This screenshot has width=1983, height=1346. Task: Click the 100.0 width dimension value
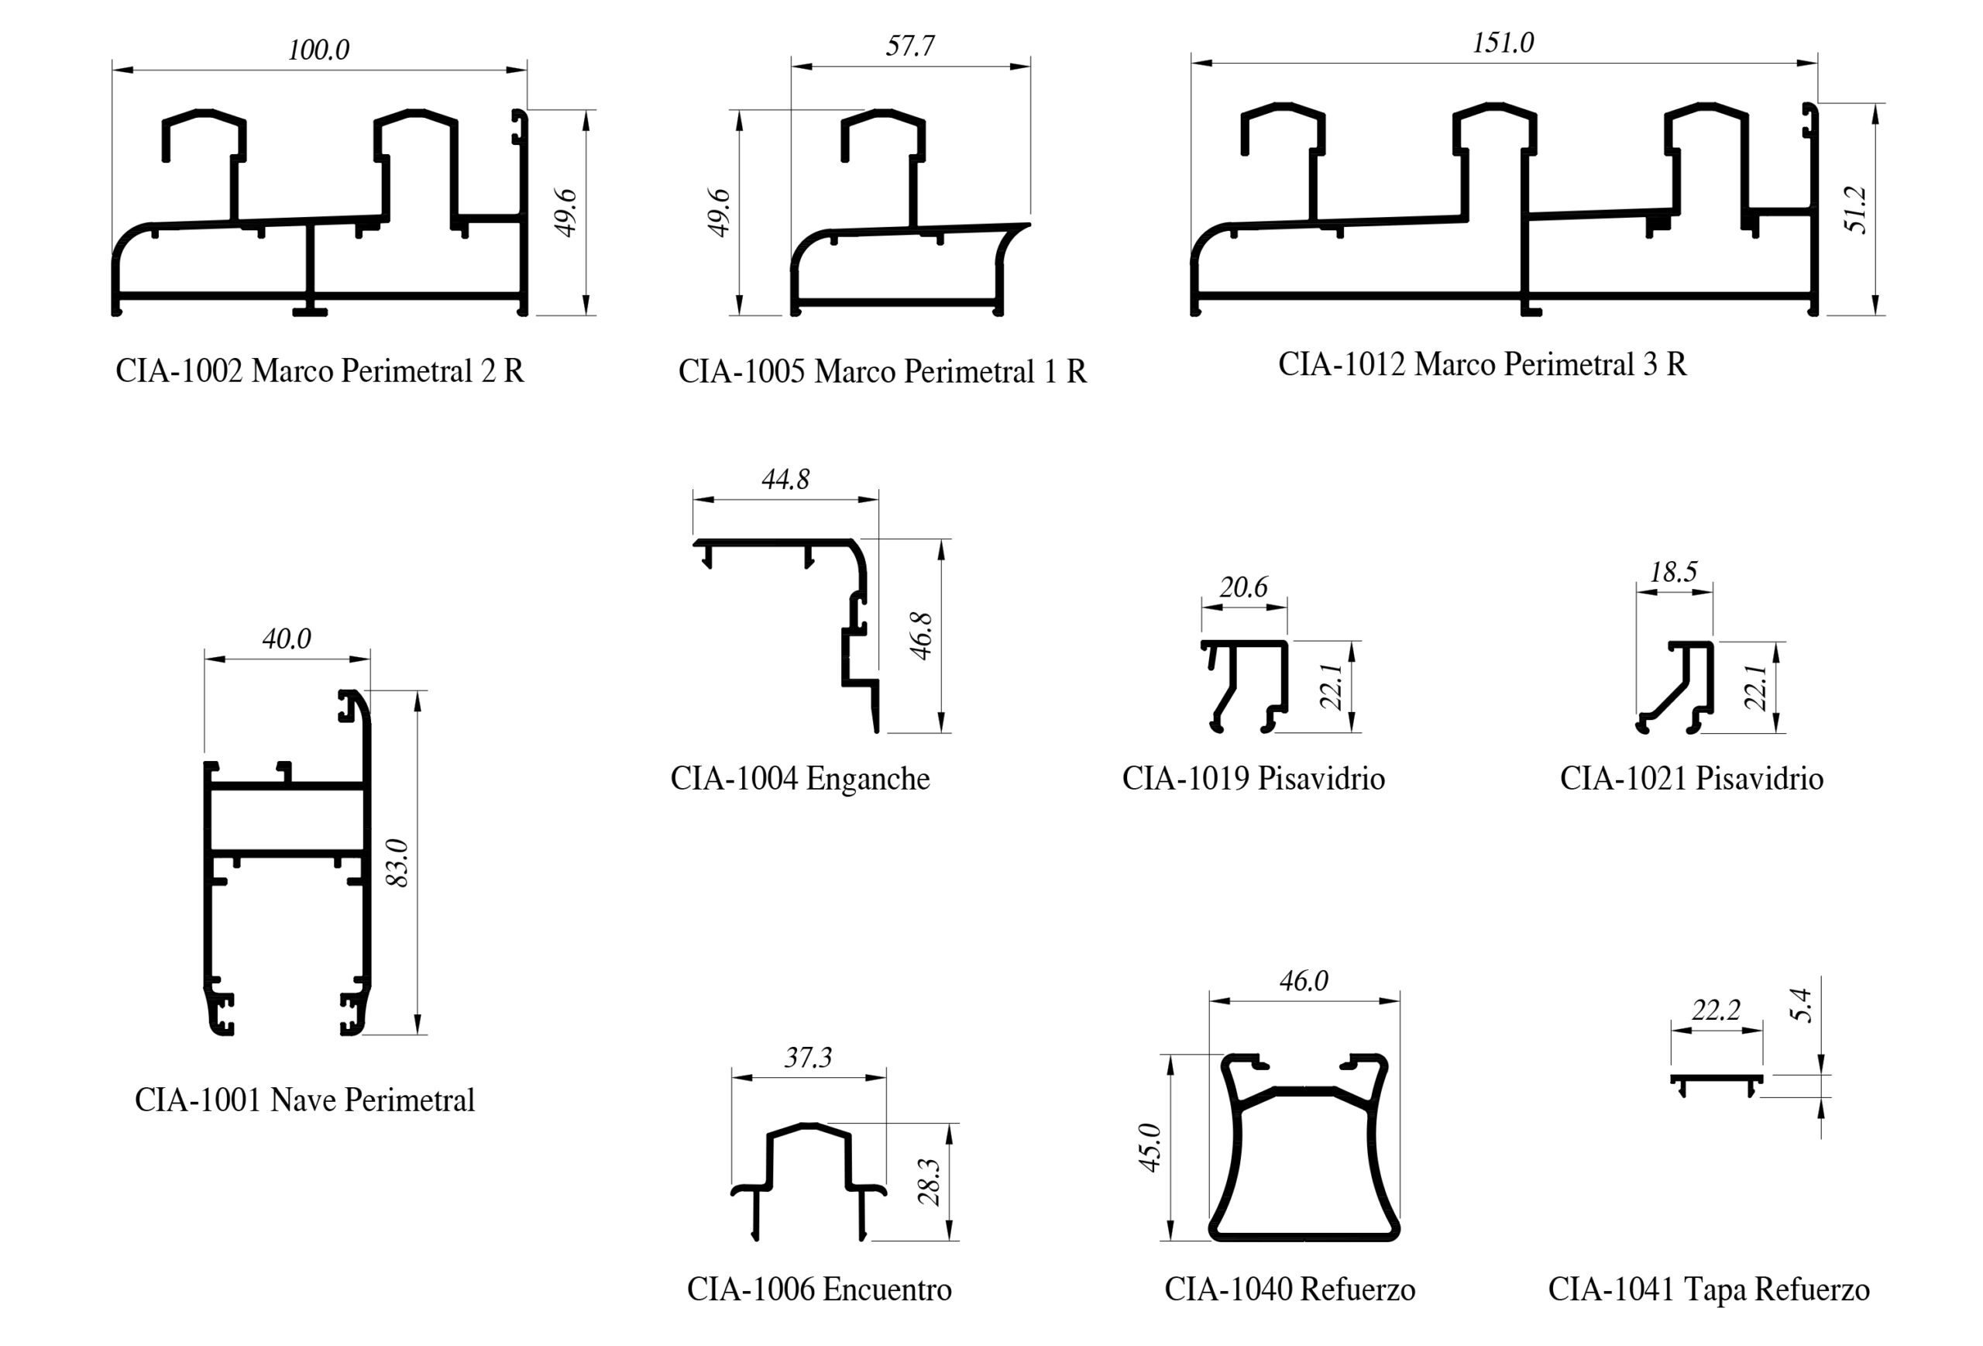[x=318, y=50]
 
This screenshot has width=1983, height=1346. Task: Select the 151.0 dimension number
[x=1503, y=43]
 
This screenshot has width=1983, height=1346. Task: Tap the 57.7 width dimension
[x=909, y=45]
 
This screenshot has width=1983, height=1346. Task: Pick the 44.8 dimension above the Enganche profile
[x=785, y=480]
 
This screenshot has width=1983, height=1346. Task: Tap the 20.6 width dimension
[x=1242, y=587]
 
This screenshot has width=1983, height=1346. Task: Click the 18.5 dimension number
[x=1673, y=572]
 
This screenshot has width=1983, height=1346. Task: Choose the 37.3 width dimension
[x=807, y=1059]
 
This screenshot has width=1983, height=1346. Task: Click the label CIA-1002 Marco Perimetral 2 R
[x=320, y=370]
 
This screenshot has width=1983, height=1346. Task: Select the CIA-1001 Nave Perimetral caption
[x=304, y=1100]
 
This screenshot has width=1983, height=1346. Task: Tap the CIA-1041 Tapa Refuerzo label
[x=1708, y=1289]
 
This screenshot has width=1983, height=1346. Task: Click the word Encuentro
[x=888, y=1289]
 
